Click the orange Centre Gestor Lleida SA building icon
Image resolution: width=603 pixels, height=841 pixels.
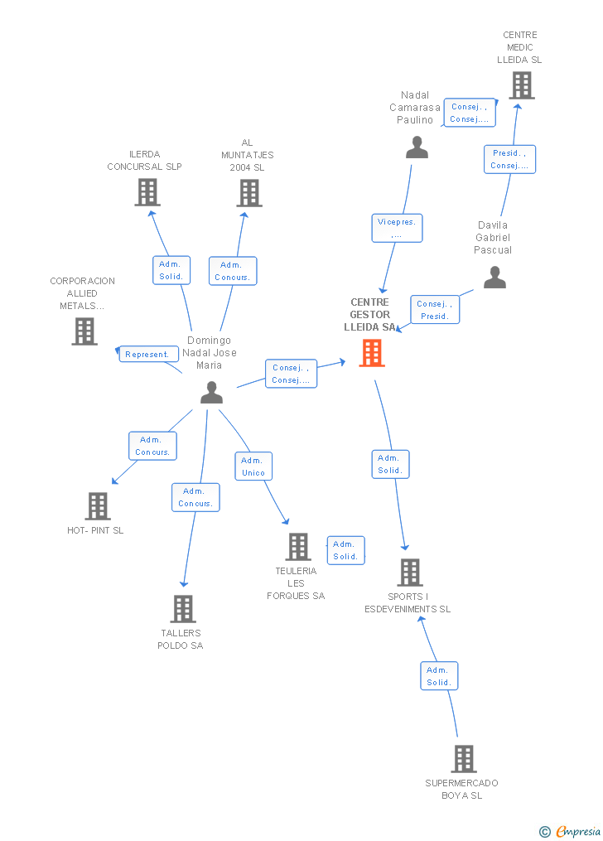[x=372, y=353]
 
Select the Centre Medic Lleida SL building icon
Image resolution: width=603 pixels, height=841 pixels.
[x=521, y=85]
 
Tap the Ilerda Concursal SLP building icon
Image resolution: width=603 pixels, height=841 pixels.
[x=147, y=192]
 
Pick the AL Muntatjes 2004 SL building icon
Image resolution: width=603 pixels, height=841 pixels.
[x=248, y=192]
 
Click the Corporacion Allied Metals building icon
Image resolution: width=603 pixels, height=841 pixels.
[x=84, y=331]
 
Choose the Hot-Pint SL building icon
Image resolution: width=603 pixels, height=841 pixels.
[x=97, y=505]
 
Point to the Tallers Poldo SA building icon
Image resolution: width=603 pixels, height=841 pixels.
[x=182, y=608]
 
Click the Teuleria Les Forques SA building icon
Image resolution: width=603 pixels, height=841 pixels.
[x=298, y=546]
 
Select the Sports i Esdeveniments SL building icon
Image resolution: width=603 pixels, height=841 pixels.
[x=409, y=572]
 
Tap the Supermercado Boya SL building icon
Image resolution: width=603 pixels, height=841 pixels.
[x=463, y=758]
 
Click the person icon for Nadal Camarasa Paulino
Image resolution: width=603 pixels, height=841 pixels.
[x=417, y=147]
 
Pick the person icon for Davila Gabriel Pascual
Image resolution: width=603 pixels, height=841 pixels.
[x=494, y=278]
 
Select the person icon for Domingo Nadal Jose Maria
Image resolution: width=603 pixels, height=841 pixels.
[x=211, y=393]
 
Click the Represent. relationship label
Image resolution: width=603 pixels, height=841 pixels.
[x=148, y=354]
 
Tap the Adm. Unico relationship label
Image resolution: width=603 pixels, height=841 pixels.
[x=253, y=466]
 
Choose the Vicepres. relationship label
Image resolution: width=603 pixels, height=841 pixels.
[x=397, y=228]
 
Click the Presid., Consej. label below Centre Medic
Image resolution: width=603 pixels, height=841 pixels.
[x=509, y=159]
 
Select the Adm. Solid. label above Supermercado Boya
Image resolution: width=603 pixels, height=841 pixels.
[x=439, y=676]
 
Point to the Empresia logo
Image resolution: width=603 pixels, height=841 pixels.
[x=571, y=831]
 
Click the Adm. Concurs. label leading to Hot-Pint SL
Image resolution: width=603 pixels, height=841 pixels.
[x=152, y=446]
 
